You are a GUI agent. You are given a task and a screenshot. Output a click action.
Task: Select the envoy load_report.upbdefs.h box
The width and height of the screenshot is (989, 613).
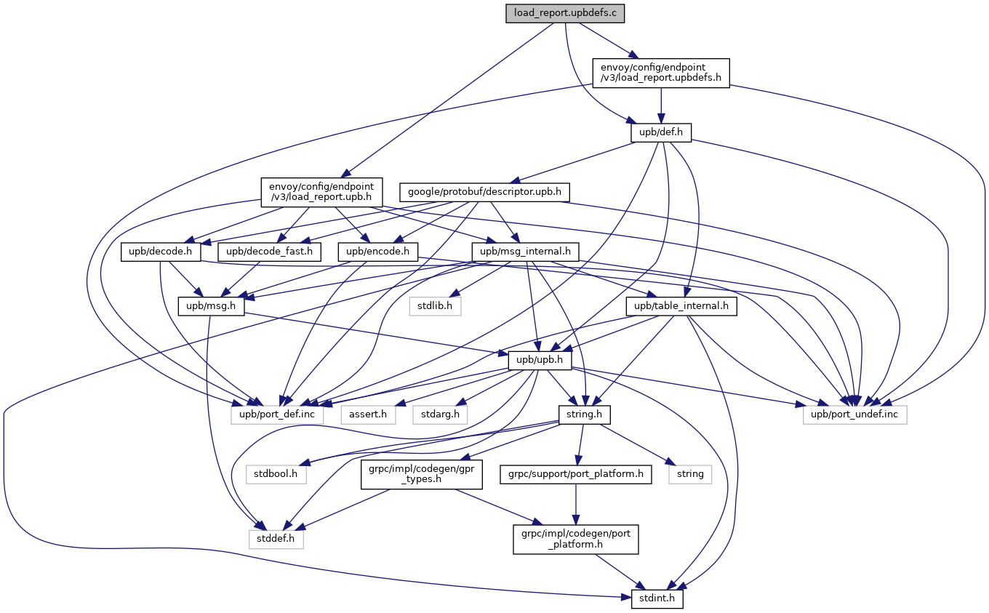point(660,73)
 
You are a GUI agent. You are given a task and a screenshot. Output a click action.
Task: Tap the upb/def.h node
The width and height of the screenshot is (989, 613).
point(660,132)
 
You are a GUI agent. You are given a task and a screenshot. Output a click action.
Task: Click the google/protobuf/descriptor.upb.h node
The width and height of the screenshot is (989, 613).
point(484,192)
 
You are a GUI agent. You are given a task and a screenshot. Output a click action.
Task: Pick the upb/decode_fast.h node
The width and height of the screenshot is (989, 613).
point(270,252)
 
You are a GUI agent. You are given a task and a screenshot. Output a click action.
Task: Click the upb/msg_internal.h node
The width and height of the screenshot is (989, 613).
point(525,252)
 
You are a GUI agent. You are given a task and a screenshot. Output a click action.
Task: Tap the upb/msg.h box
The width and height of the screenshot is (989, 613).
point(211,306)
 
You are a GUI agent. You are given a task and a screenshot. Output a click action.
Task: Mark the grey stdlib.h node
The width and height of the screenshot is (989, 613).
point(435,306)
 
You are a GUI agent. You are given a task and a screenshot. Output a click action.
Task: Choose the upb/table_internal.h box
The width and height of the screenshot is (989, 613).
point(681,306)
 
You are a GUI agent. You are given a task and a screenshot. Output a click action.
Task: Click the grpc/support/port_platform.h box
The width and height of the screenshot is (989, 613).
point(575,474)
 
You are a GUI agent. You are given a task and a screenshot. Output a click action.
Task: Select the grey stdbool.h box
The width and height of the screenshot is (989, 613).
point(276,474)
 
